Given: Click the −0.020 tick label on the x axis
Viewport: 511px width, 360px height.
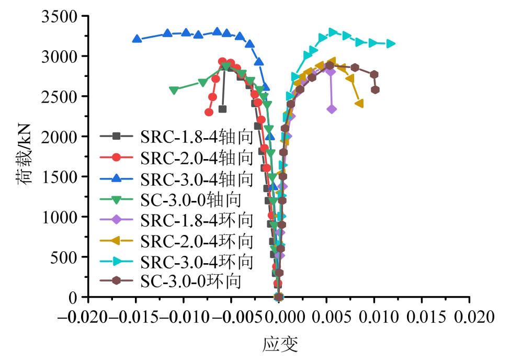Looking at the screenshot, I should click(x=87, y=318).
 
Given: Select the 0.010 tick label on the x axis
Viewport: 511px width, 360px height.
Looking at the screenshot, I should click(x=374, y=318).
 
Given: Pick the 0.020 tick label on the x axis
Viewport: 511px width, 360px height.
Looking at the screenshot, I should click(x=469, y=318).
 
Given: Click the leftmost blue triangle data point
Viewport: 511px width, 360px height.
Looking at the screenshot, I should click(x=137, y=39).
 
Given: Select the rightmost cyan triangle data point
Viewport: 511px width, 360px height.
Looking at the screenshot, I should click(x=391, y=44).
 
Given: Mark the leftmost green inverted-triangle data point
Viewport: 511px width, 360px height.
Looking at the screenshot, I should click(x=174, y=91).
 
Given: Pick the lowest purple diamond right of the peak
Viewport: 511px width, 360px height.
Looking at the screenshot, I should click(x=332, y=109).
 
